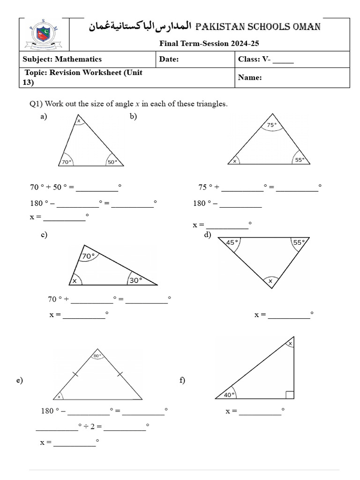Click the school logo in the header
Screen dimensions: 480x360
tap(45, 35)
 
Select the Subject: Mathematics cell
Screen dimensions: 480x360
tap(62, 59)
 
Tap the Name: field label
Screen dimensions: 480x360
tap(250, 78)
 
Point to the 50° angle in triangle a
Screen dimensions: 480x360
tap(112, 162)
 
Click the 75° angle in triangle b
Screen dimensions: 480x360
tap(272, 125)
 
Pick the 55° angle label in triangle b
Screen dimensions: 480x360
tap(300, 160)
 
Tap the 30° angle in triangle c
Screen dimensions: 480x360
tap(135, 280)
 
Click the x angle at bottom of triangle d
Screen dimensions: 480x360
tap(270, 281)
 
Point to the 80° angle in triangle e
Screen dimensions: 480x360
tap(97, 356)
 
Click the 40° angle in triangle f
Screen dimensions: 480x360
tap(228, 395)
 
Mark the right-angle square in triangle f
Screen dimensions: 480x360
tap(290, 395)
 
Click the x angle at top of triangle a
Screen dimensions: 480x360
tap(79, 121)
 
